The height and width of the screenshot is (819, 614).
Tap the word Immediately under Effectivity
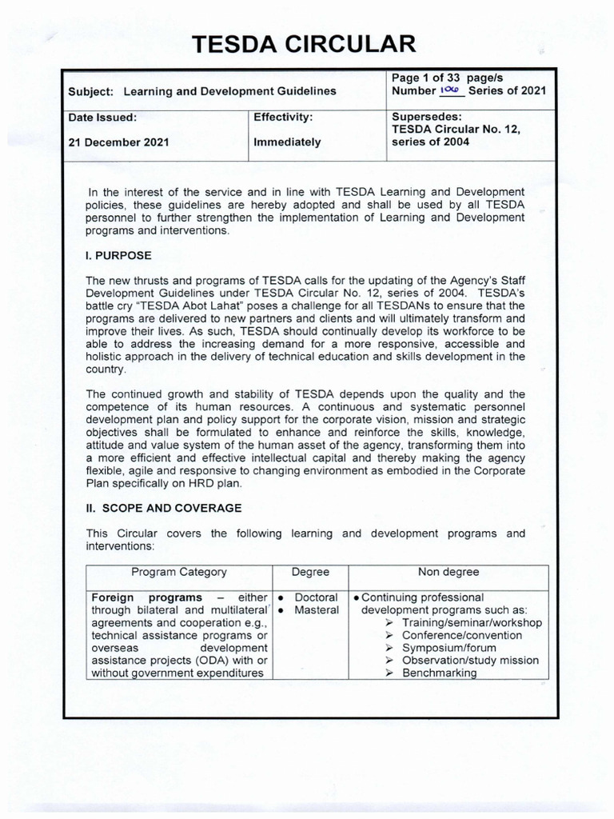click(x=287, y=142)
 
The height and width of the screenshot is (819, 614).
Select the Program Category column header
click(x=178, y=572)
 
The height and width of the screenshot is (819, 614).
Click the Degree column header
click(x=310, y=572)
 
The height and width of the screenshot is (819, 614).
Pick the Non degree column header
click(x=449, y=572)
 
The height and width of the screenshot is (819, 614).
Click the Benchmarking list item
click(x=440, y=673)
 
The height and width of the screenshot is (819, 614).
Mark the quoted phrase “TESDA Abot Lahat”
click(x=188, y=306)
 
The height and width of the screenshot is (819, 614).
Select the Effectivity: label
click(x=282, y=117)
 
